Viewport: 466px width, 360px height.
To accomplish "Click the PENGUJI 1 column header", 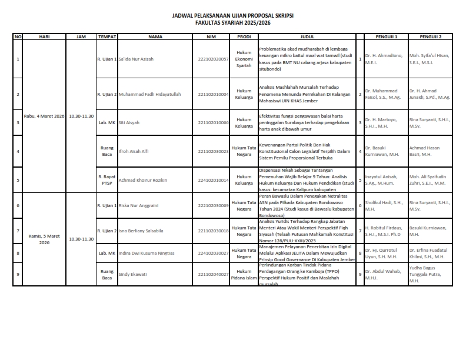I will pyautogui.click(x=385, y=36).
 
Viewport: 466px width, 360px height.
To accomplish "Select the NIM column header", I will pyautogui.click(x=212, y=36).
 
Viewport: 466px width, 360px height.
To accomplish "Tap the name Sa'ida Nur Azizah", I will pyautogui.click(x=136, y=59).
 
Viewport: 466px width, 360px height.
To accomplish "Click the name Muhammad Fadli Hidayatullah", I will pyautogui.click(x=149, y=94).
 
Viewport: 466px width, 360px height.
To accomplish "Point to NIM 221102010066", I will pyautogui.click(x=213, y=123).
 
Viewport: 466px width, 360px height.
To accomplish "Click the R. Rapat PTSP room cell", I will pyautogui.click(x=106, y=180).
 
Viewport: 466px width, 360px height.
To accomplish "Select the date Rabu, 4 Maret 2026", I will pyautogui.click(x=44, y=116).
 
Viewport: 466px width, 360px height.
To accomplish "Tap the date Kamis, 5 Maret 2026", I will pyautogui.click(x=44, y=239).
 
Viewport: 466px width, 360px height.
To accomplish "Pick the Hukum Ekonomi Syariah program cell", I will pyautogui.click(x=244, y=59).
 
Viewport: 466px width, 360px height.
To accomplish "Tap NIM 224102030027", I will pyautogui.click(x=213, y=253).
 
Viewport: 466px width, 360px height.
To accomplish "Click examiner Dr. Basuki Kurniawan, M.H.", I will pyautogui.click(x=383, y=151).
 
